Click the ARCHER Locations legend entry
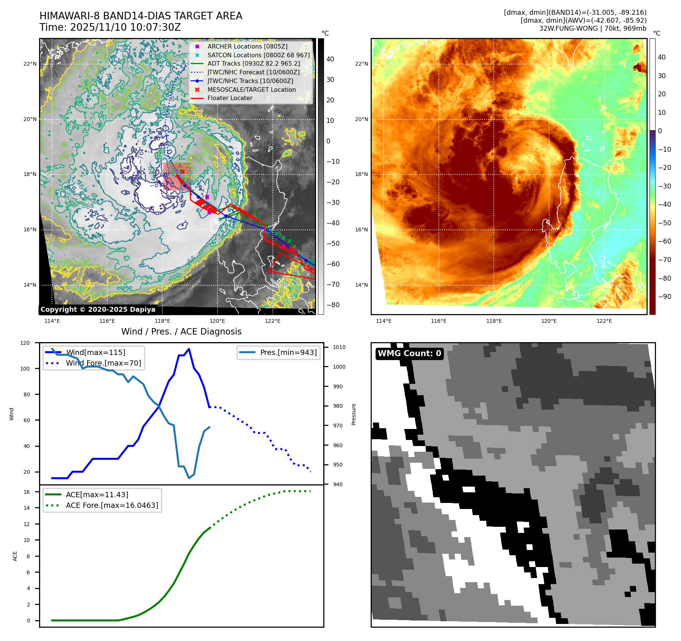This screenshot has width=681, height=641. tap(247, 46)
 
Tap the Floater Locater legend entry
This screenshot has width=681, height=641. tap(230, 98)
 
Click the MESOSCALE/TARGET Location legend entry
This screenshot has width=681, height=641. tap(251, 90)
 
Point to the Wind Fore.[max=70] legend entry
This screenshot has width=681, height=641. tap(103, 363)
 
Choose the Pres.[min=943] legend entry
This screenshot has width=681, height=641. tap(288, 352)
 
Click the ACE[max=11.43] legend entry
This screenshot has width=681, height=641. tap(97, 495)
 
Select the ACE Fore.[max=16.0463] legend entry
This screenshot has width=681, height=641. tap(112, 505)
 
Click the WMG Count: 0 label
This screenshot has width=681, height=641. tap(409, 353)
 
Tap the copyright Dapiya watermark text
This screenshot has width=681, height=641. tap(98, 310)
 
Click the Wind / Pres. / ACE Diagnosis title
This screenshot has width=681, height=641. tap(181, 331)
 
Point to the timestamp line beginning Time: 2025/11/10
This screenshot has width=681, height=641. tap(110, 27)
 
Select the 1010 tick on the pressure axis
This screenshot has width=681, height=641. tap(339, 347)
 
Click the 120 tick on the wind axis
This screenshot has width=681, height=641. tap(25, 343)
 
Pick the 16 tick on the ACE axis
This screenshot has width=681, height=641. tap(27, 492)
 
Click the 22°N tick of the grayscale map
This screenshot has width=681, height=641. tap(30, 64)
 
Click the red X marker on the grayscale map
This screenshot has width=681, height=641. tap(182, 172)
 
